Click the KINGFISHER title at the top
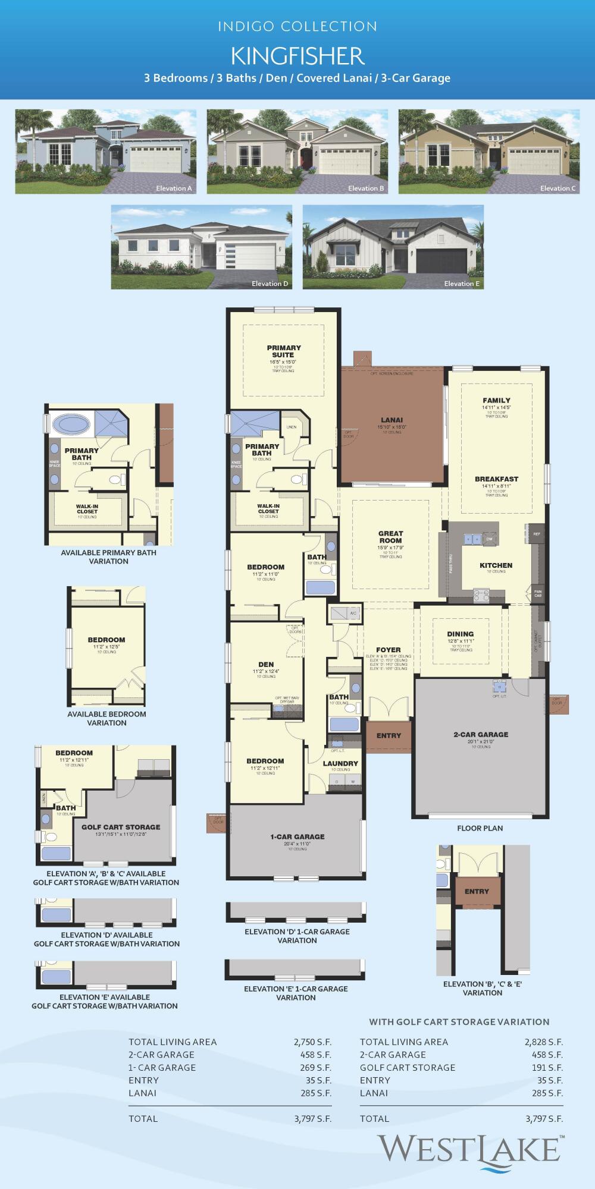click(x=297, y=56)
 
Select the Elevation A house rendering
click(x=106, y=151)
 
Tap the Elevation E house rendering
click(x=393, y=247)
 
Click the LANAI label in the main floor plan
click(x=392, y=420)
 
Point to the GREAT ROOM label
click(x=390, y=537)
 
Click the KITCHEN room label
click(x=496, y=565)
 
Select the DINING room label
click(x=461, y=634)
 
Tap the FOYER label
click(x=389, y=650)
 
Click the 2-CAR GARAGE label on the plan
click(x=481, y=734)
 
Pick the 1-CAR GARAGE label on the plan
click(x=297, y=836)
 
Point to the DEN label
click(x=266, y=664)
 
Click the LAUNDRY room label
click(x=340, y=763)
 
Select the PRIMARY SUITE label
click(x=284, y=351)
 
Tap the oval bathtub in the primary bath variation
click(x=71, y=424)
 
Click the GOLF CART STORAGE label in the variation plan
click(x=121, y=827)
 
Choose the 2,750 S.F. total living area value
click(x=312, y=1042)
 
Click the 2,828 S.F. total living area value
click(x=543, y=1042)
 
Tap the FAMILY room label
click(x=496, y=400)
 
